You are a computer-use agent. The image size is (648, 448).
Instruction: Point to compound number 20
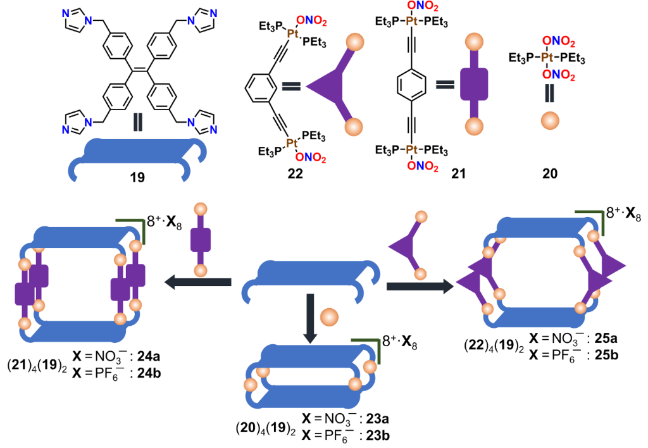click(549, 173)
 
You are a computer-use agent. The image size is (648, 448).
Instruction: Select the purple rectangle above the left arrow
click(201, 240)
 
